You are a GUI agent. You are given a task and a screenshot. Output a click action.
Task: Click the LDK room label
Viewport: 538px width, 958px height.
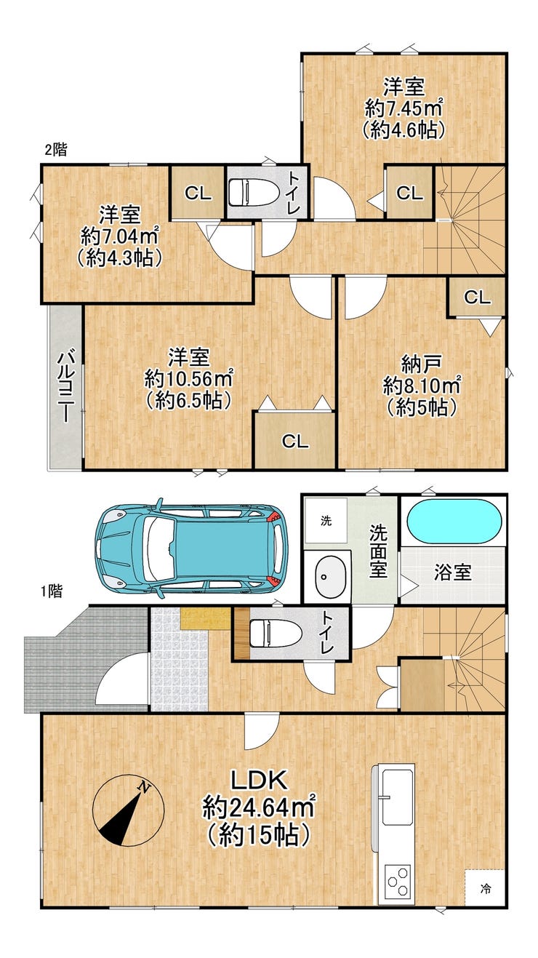click(x=258, y=781)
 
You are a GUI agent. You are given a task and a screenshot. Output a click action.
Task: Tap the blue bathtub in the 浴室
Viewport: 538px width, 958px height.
click(x=454, y=522)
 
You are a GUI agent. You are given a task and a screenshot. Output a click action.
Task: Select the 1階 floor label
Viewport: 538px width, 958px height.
click(x=52, y=591)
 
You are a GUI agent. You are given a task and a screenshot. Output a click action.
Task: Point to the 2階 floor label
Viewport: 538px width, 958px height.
click(x=56, y=150)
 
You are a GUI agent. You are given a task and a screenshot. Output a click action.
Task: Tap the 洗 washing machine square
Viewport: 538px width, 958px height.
click(x=326, y=521)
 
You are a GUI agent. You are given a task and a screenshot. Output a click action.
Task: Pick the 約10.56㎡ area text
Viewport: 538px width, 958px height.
click(x=189, y=378)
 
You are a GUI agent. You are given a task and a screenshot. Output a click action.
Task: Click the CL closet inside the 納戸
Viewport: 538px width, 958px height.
click(x=477, y=297)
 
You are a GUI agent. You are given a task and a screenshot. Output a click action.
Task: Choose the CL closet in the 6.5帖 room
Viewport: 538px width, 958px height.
click(x=294, y=441)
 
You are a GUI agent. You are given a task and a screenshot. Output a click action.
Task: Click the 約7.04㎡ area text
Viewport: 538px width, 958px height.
click(x=120, y=236)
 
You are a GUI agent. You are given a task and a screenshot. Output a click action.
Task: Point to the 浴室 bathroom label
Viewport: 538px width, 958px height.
click(x=452, y=572)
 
